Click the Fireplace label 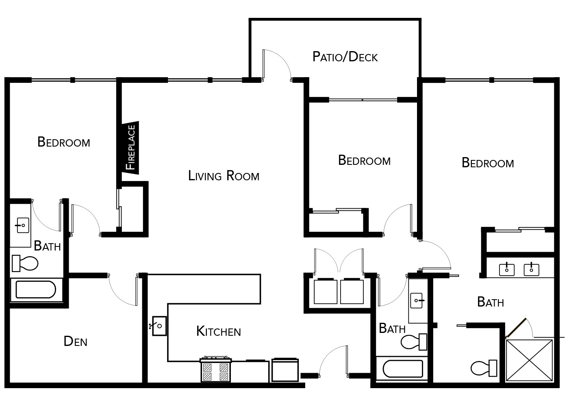point(131,147)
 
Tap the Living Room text point(224,175)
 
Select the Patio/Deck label point(345,56)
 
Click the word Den point(76,341)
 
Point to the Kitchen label point(219,331)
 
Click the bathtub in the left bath point(36,289)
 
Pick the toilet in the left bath point(25,263)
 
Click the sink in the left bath point(23,225)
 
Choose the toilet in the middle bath point(414,342)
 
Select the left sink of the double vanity point(507,270)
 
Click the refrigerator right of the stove point(285,370)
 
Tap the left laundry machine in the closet point(326,291)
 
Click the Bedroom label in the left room point(64,142)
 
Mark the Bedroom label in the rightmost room point(488,163)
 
